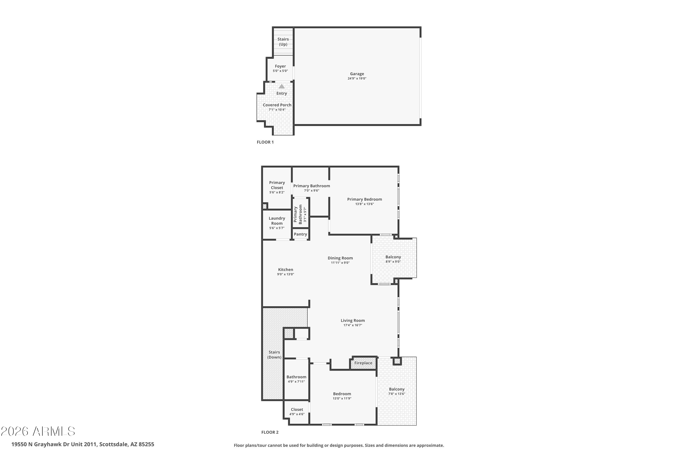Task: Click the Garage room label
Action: tap(357, 74)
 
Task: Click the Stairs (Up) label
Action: tap(283, 42)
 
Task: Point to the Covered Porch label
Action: tap(277, 105)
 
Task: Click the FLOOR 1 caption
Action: tap(265, 142)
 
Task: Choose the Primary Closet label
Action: tap(277, 185)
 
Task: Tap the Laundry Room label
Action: tap(277, 221)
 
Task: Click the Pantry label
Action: tap(300, 234)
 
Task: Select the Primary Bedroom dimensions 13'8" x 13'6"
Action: tap(364, 204)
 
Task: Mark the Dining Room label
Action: tap(340, 258)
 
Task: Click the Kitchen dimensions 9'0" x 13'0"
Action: tap(285, 274)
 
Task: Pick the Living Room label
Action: tap(353, 320)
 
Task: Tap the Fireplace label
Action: tap(363, 363)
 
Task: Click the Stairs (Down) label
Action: tap(274, 355)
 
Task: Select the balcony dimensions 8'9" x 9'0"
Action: tap(393, 262)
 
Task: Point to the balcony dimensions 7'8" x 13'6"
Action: tap(397, 394)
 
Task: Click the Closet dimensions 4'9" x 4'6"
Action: tap(297, 414)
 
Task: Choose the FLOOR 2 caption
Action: tap(270, 432)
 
